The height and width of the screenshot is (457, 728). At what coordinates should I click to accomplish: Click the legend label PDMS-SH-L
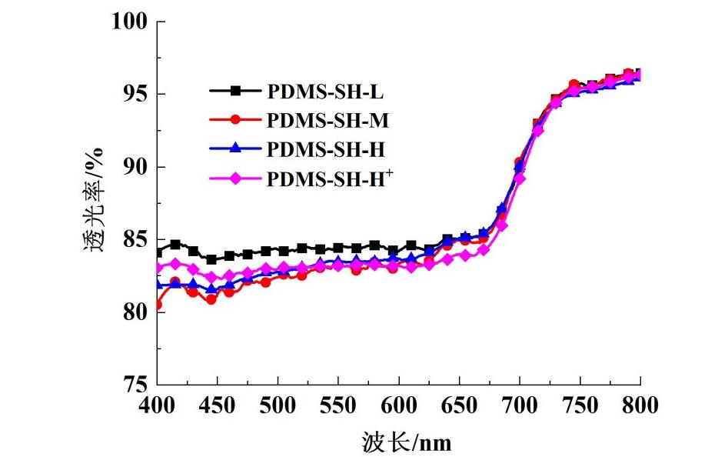pyautogui.click(x=325, y=92)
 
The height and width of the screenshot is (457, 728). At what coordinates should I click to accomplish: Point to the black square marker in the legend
pyautogui.click(x=235, y=92)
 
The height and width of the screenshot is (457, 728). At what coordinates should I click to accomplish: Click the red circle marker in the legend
pyautogui.click(x=235, y=120)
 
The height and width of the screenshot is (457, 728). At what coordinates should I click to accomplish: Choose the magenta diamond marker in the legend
pyautogui.click(x=235, y=179)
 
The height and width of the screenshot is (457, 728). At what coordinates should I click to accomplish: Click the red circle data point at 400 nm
pyautogui.click(x=158, y=305)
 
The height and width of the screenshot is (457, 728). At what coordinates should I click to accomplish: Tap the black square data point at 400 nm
pyautogui.click(x=158, y=252)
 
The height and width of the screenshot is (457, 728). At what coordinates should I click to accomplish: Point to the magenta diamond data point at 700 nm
pyautogui.click(x=520, y=178)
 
